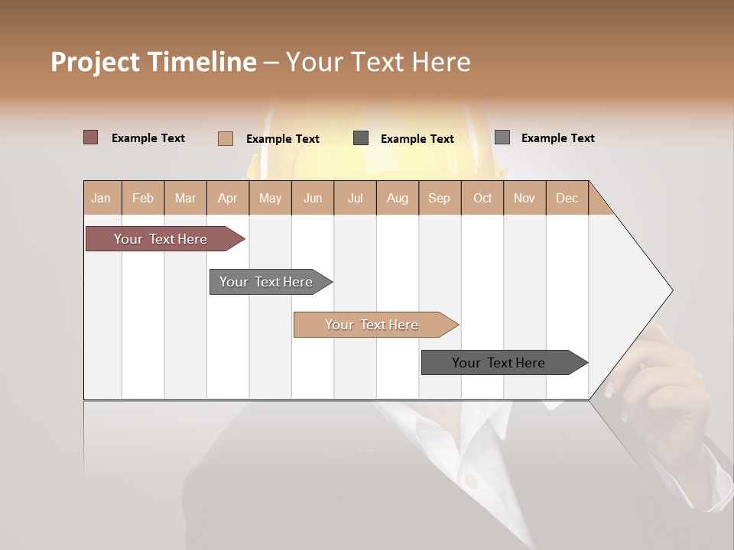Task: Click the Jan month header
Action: [101, 198]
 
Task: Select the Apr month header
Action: [227, 198]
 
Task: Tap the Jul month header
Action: [355, 198]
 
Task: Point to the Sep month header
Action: [439, 198]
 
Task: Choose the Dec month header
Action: [567, 198]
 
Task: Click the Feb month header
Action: [143, 198]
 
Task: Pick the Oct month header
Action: [482, 198]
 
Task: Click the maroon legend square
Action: [90, 137]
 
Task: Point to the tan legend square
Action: [225, 138]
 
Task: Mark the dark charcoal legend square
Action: [361, 138]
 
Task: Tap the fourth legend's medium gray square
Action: [502, 137]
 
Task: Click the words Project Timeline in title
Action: [153, 62]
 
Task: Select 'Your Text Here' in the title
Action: [378, 62]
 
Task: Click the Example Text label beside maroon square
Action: [148, 138]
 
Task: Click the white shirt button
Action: [472, 481]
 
